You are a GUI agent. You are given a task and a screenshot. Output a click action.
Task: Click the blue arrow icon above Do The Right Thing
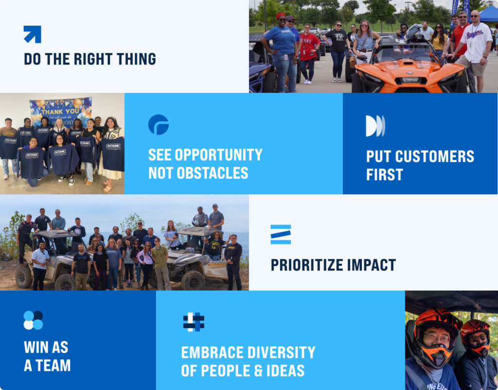tap(33, 34)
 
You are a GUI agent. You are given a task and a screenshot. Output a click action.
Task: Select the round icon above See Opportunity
tap(159, 125)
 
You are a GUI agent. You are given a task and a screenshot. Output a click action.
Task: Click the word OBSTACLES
tap(212, 173)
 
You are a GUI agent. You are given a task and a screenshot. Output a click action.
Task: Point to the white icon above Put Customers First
tap(375, 126)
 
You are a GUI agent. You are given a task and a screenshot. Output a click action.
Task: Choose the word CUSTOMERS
tap(434, 156)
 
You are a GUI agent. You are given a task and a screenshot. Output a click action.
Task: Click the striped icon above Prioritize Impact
tap(281, 234)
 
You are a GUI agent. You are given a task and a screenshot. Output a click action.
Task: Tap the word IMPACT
tap(371, 265)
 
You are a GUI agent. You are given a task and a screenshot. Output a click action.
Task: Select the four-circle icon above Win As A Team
tap(34, 320)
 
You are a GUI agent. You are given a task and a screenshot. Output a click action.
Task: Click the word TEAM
tap(53, 365)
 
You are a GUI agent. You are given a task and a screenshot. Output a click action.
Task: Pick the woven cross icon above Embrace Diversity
tap(194, 322)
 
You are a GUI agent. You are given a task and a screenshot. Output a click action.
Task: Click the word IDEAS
tap(285, 371)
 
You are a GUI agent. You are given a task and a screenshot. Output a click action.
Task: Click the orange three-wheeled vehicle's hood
tap(409, 70)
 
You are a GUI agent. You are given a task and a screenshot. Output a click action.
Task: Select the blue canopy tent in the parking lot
tap(488, 15)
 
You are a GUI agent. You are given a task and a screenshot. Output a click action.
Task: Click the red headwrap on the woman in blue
tap(281, 15)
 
